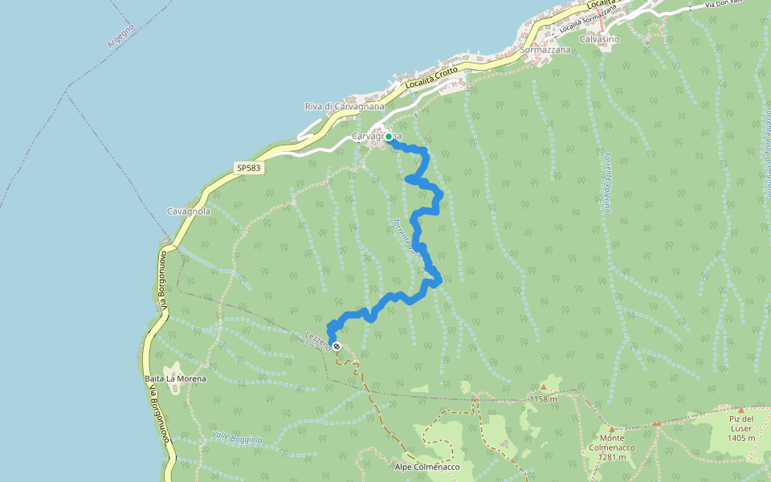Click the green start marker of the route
tap(389, 137)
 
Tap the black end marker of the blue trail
tap(337, 347)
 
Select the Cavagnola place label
tap(189, 211)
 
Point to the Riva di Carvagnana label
tap(345, 106)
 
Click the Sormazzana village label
tap(545, 50)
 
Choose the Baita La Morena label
tap(175, 378)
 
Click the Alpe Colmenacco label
tap(427, 467)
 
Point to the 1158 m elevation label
tap(544, 399)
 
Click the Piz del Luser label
tap(741, 419)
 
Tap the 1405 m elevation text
tap(740, 438)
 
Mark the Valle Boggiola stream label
tap(237, 438)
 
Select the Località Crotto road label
tap(431, 77)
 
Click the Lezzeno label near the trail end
tap(318, 341)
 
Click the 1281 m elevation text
tap(612, 458)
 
